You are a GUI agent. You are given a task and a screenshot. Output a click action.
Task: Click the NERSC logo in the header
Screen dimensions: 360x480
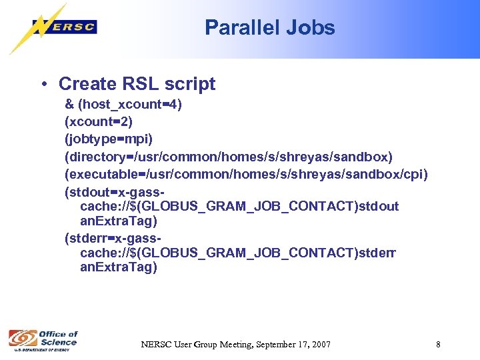tap(64, 27)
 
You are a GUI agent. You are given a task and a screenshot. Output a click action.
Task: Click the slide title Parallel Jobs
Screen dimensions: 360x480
tap(269, 27)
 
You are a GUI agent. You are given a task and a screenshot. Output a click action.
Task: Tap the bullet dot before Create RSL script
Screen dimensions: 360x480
tap(43, 84)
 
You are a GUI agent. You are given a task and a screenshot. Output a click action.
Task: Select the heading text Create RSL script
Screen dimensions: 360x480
tap(137, 84)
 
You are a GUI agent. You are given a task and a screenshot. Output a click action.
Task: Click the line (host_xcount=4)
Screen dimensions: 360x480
tap(123, 105)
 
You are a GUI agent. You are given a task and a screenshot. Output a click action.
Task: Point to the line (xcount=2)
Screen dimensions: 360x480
tap(98, 122)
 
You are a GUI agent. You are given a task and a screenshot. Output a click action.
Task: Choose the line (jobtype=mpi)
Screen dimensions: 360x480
tap(109, 139)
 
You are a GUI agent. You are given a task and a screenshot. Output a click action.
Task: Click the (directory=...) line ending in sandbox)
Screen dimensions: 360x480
tap(229, 157)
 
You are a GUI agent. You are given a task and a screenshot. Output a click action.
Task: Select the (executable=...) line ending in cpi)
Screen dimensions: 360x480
tap(246, 174)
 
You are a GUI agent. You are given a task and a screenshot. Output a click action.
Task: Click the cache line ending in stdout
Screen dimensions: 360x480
tap(239, 206)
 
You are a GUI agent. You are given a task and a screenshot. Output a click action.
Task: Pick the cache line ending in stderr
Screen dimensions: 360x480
tap(238, 253)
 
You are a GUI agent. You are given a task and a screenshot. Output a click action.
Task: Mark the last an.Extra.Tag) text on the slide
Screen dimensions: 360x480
tap(119, 267)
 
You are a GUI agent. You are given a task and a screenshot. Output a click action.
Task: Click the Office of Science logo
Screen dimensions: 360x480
tap(43, 340)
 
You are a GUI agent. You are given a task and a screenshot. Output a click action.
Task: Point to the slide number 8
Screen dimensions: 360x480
tap(438, 345)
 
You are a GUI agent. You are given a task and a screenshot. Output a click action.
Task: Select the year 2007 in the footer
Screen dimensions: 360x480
tap(319, 345)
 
